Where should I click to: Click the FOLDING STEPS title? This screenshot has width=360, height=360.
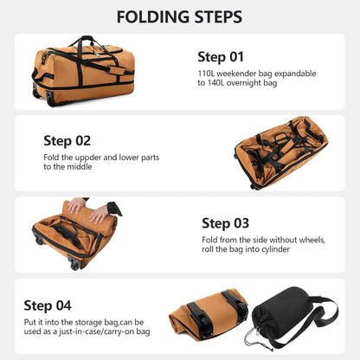click(179, 17)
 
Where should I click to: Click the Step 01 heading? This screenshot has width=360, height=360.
click(221, 57)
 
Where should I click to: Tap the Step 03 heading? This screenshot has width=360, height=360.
click(227, 223)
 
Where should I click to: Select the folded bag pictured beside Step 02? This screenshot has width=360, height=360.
click(281, 151)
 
